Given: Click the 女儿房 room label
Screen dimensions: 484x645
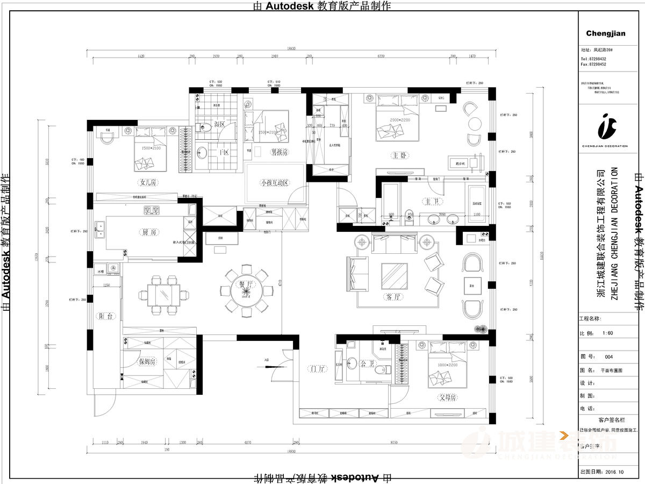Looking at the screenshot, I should pos(148,183).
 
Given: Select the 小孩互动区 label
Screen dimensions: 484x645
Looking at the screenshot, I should pos(275,183).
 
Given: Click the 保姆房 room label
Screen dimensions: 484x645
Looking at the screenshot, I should pos(147,362).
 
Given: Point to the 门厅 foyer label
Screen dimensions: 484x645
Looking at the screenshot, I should pos(317,369).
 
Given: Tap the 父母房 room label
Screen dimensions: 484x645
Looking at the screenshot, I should pos(447,397).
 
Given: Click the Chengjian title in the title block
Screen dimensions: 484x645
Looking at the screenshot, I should pos(606,33).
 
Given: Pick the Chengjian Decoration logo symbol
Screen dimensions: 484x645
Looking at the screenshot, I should pos(606,126).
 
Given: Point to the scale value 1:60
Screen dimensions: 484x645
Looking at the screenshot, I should pos(608,333).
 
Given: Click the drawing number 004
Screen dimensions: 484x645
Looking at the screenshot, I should pos(608,357).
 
